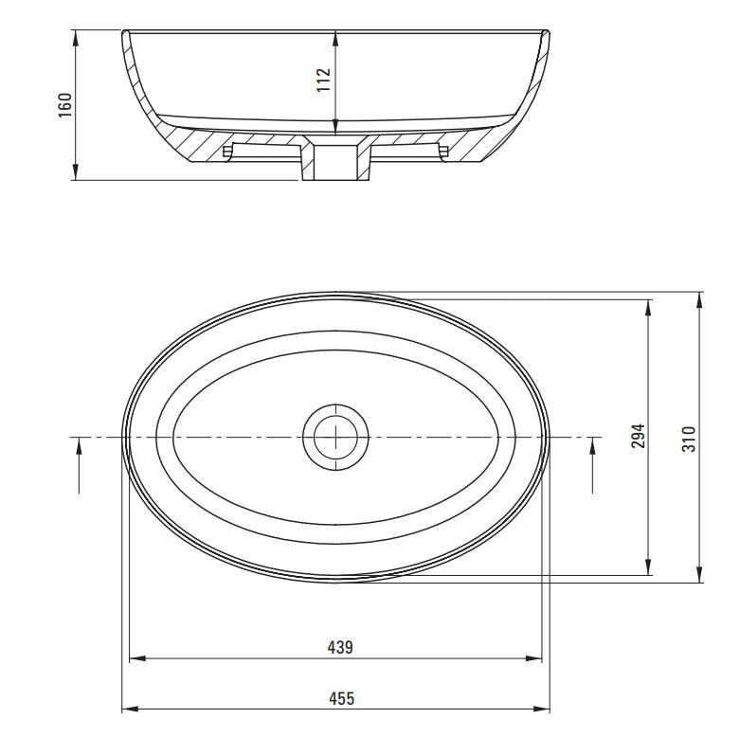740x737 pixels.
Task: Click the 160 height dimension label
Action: [64, 105]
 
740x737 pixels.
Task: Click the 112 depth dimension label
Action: [324, 80]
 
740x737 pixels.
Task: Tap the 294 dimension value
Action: [638, 436]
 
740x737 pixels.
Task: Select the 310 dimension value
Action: [689, 439]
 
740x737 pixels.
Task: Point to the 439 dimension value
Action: [340, 647]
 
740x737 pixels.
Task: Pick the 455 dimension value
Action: [341, 698]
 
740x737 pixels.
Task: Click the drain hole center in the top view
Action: [335, 438]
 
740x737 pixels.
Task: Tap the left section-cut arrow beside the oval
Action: [79, 465]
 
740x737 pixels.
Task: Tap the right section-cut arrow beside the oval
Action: [593, 465]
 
